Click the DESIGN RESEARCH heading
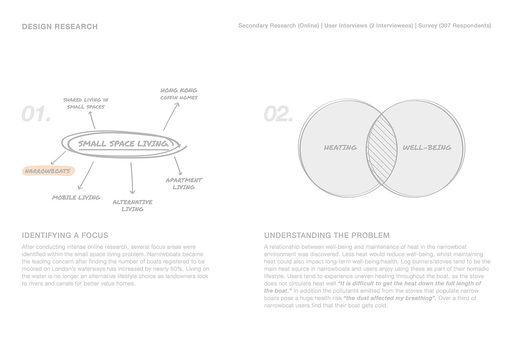coord(60,27)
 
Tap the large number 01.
coord(36,114)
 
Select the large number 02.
coord(278,114)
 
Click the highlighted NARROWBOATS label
coord(48,171)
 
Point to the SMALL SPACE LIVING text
coord(123,144)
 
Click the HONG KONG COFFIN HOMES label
coord(179,94)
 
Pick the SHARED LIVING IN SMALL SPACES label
coord(86,103)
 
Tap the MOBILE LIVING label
coord(76,198)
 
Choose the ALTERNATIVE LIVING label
coord(132,205)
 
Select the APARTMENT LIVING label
coord(184,183)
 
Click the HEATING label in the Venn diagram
coord(340,147)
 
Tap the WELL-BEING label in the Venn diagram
coord(427,147)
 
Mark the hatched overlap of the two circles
coord(382,148)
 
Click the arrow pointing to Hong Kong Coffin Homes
coord(171,116)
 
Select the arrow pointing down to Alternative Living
coord(132,178)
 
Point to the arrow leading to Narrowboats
coord(58,158)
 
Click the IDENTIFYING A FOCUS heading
coord(65,235)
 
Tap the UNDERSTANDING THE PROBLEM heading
coord(327,235)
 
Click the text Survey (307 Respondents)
coord(454,26)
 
